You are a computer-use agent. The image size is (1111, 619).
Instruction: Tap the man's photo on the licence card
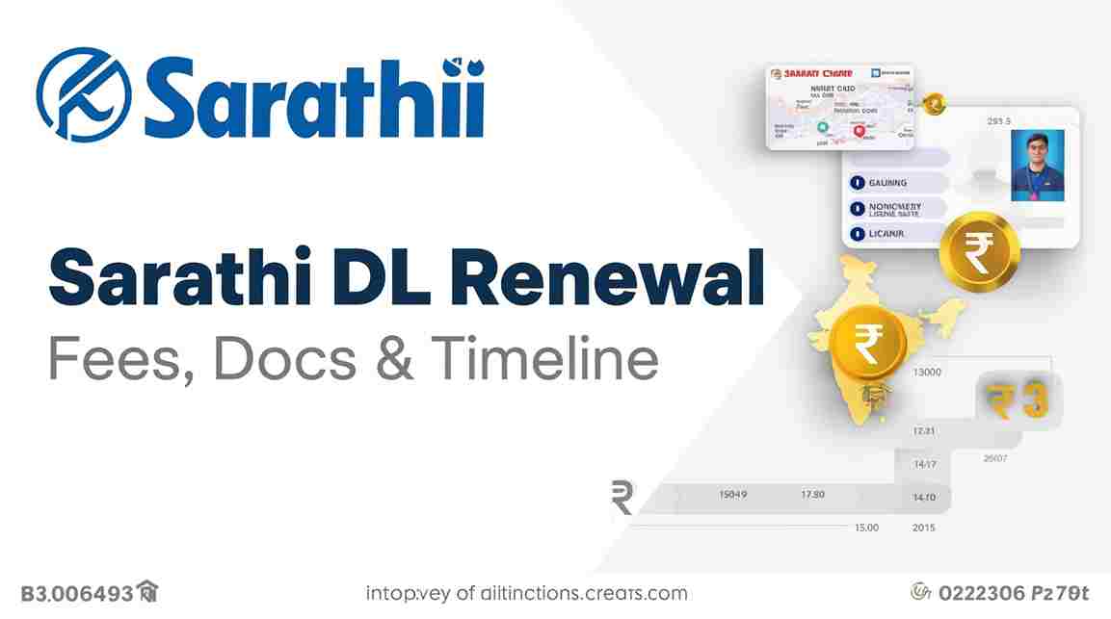coord(1037,165)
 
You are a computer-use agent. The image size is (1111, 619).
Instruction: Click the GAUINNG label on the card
coord(886,183)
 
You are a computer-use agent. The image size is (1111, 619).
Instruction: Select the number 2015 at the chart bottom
coord(923,528)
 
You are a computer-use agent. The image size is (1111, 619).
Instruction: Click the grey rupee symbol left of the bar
coord(622,499)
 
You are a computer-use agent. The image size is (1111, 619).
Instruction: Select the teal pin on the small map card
coord(822,126)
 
